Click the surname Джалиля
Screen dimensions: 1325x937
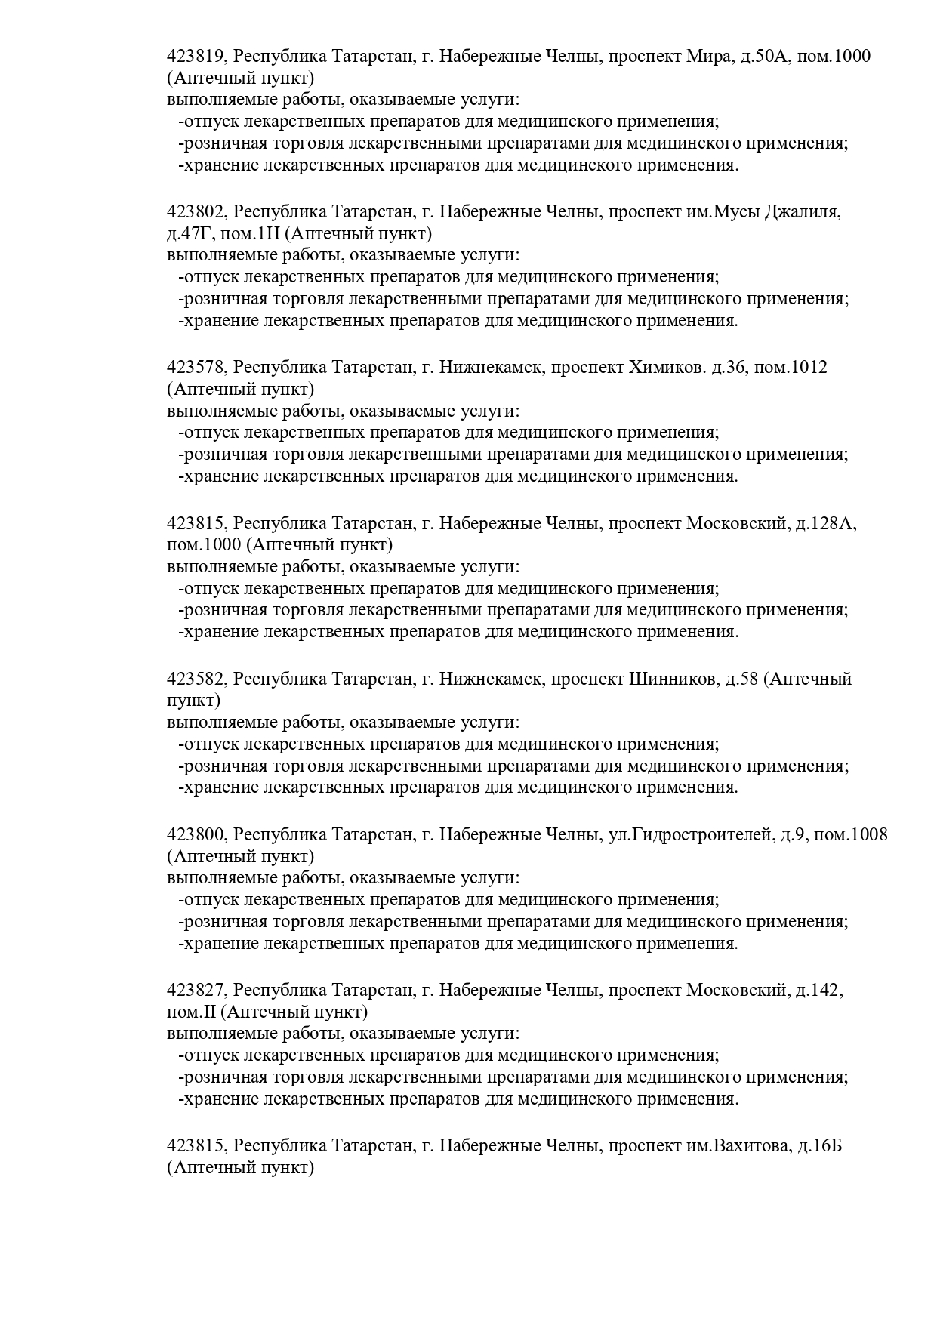coord(802,211)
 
